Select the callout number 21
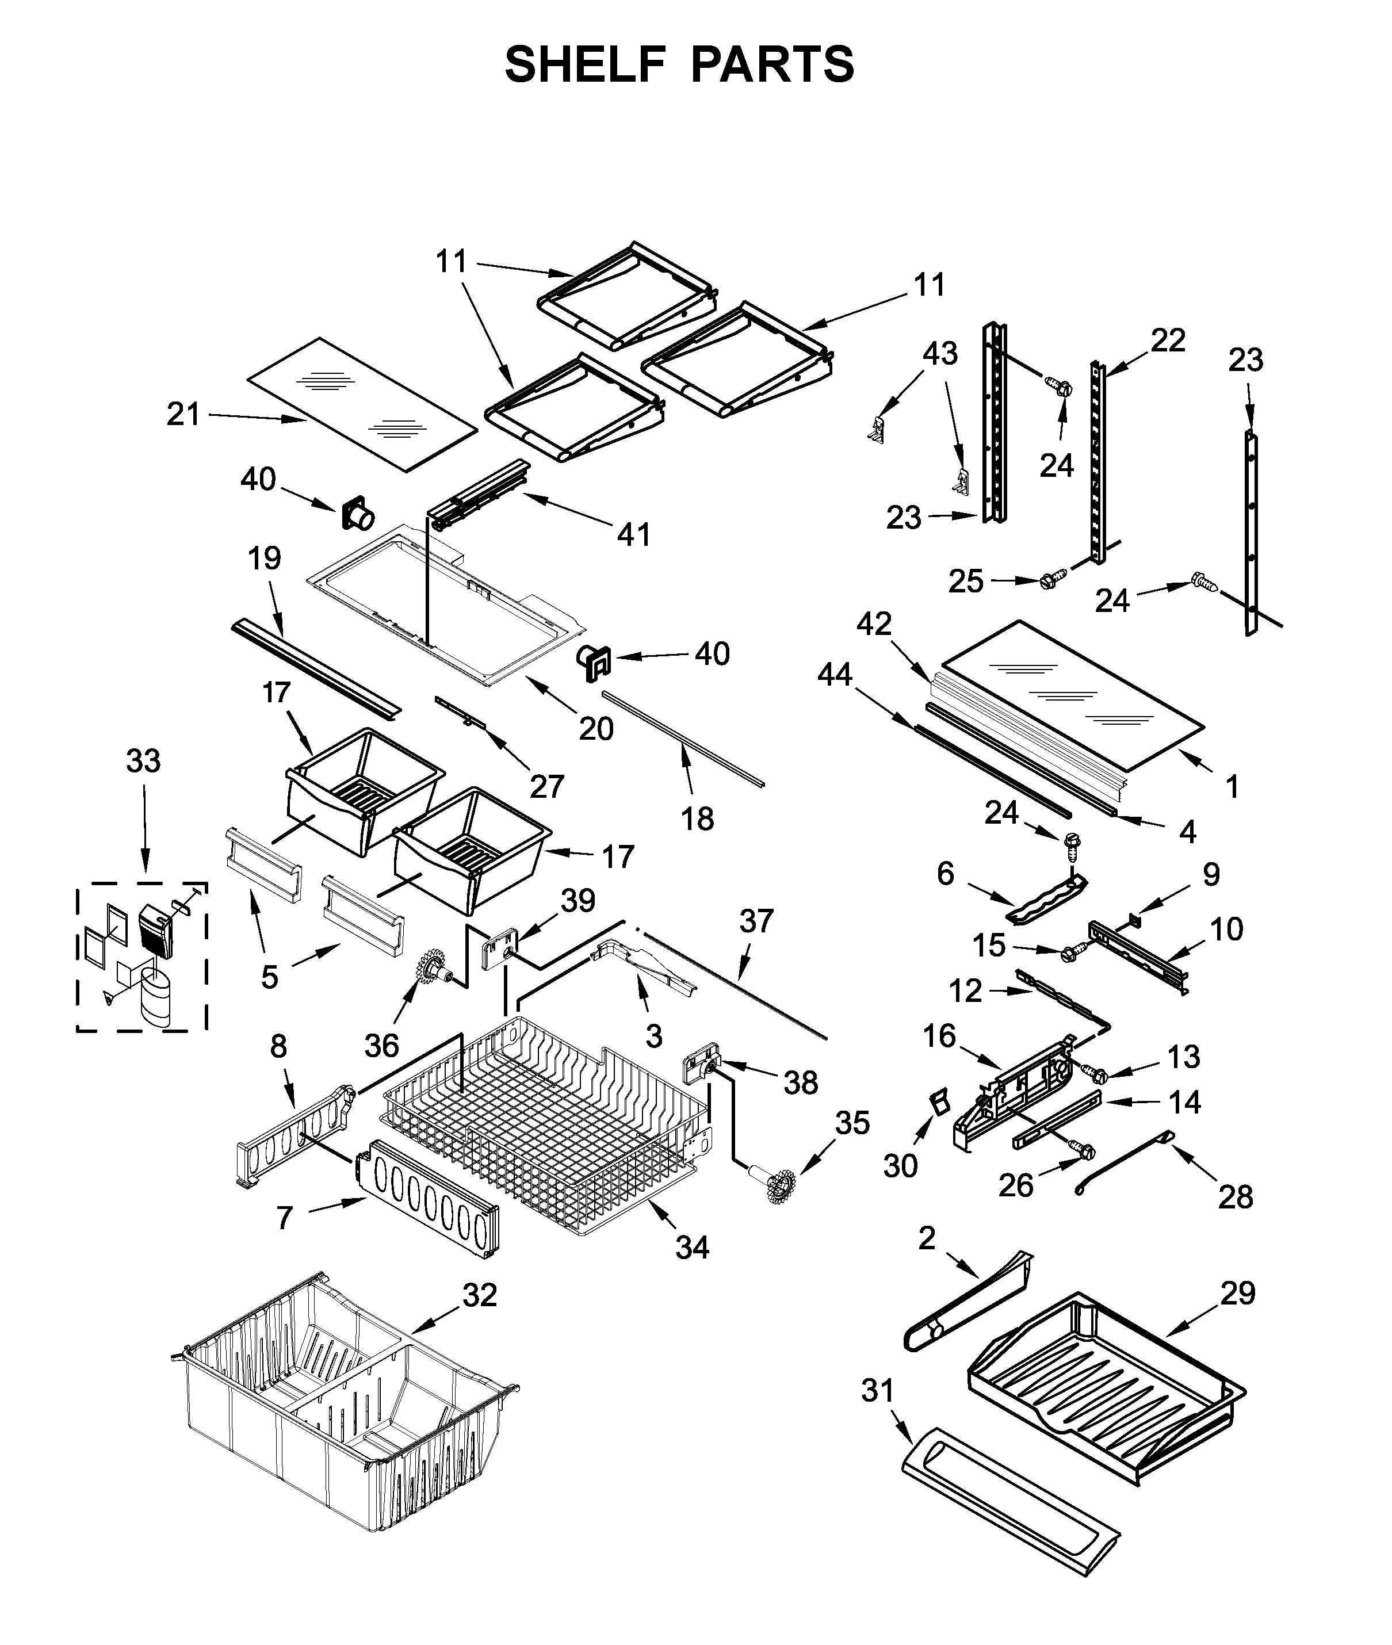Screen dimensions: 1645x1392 [183, 414]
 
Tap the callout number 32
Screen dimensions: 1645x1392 [480, 1295]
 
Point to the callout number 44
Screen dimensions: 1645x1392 [835, 675]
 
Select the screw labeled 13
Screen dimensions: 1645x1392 [1097, 1074]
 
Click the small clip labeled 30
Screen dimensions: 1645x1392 [938, 1102]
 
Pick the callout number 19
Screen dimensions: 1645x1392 [265, 558]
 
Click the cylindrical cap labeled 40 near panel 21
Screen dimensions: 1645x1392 [357, 516]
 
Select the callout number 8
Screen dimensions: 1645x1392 [278, 1047]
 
